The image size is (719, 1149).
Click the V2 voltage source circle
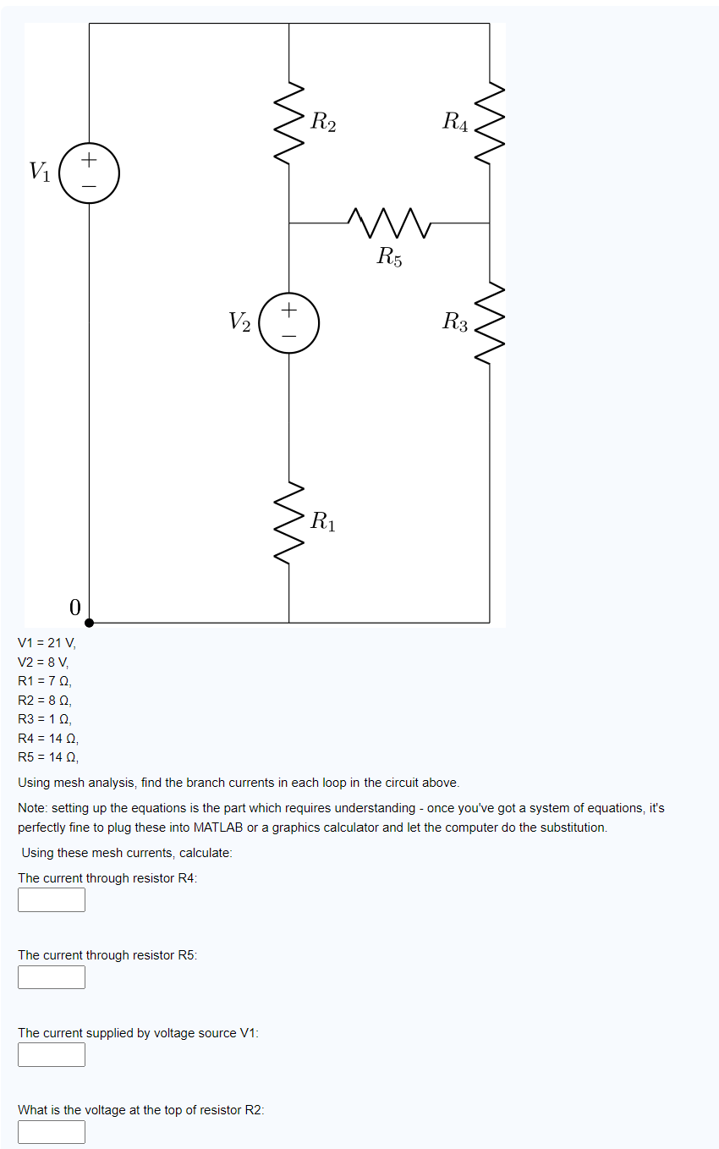(x=289, y=322)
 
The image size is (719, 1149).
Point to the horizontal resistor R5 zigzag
(x=389, y=223)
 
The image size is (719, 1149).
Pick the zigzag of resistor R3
(x=490, y=322)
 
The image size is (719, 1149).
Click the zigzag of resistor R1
(x=289, y=522)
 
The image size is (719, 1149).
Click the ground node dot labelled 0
(x=89, y=622)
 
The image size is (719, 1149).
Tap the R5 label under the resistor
(x=389, y=256)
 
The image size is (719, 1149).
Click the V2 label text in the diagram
(x=239, y=322)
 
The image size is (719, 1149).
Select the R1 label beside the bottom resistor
(x=322, y=521)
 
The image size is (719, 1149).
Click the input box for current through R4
(x=52, y=899)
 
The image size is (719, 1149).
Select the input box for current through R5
(x=52, y=977)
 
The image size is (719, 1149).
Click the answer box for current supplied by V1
(x=52, y=1054)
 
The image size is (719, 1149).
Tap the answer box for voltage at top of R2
(x=52, y=1131)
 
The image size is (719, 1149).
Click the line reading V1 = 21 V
(x=47, y=642)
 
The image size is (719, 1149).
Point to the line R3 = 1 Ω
(x=45, y=718)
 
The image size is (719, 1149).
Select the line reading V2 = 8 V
(x=43, y=662)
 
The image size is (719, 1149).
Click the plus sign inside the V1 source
(x=89, y=159)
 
